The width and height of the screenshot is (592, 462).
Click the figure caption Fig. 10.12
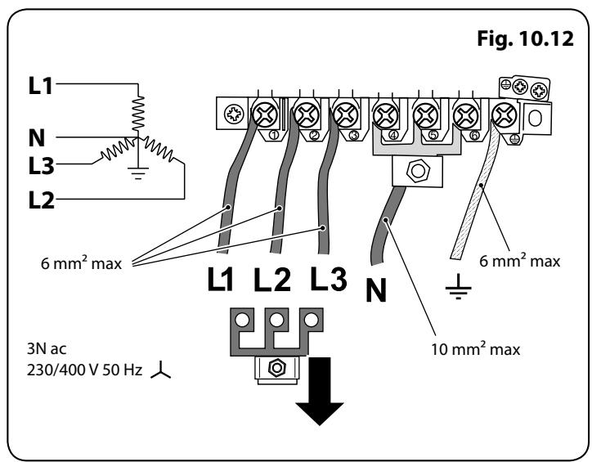525,39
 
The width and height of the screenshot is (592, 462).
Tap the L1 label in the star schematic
40,86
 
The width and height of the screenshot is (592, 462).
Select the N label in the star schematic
37,137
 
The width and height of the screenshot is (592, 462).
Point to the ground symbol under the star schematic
138,173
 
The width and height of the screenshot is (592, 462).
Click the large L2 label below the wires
271,280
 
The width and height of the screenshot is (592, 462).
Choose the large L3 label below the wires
328,279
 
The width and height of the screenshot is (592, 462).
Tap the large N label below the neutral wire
376,290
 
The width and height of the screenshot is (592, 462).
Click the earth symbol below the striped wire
459,287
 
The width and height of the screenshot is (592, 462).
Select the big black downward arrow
320,391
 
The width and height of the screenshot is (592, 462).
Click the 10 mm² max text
476,348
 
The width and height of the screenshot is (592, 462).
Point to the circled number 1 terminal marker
274,135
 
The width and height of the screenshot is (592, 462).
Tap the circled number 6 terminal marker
474,135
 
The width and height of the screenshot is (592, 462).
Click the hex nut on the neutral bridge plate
418,171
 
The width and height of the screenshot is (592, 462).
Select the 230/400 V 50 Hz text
84,370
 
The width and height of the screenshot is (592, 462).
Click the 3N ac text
47,348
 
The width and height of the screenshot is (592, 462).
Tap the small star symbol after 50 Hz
161,370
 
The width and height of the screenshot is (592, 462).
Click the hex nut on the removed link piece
277,367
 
